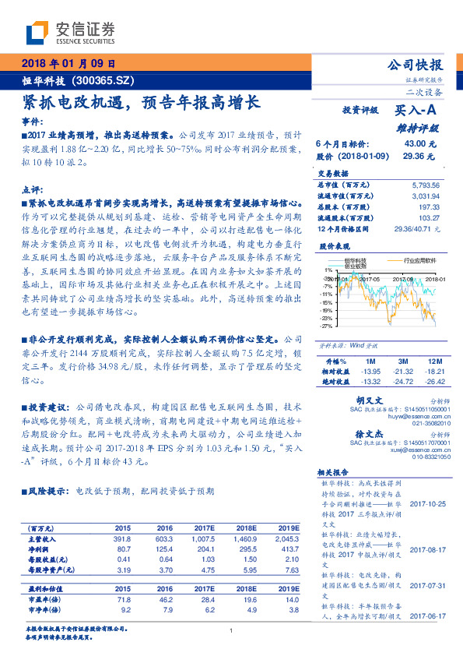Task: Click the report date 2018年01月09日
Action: (x=67, y=63)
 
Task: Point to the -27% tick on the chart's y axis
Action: (x=327, y=325)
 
